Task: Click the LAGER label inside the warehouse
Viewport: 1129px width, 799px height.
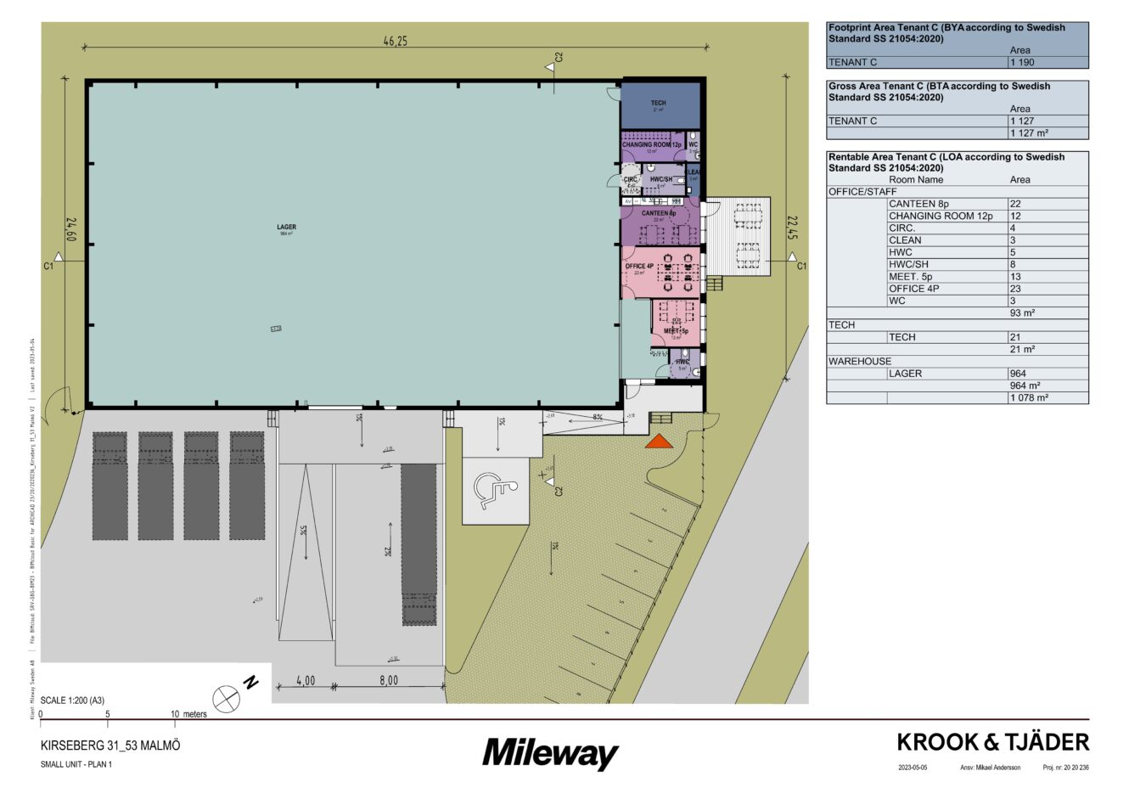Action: (286, 228)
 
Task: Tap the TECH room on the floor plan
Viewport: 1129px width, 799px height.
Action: (658, 104)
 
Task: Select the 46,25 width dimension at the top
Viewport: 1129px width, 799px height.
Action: (395, 42)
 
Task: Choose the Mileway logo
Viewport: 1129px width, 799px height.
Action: (550, 753)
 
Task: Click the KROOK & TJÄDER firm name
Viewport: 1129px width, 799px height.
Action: (992, 743)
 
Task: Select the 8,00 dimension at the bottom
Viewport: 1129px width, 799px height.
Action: (389, 680)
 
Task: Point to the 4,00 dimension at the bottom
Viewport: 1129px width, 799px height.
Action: (306, 680)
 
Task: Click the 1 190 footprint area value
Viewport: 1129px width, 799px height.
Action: (1022, 63)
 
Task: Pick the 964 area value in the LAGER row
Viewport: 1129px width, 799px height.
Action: (1019, 374)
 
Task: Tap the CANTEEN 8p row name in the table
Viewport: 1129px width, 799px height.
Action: (918, 204)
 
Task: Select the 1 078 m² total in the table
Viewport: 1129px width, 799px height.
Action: (1029, 397)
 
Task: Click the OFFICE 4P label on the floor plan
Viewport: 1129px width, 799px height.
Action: (639, 267)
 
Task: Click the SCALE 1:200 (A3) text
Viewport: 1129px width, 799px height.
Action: (72, 701)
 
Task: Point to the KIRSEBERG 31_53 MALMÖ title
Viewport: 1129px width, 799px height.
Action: (110, 746)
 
